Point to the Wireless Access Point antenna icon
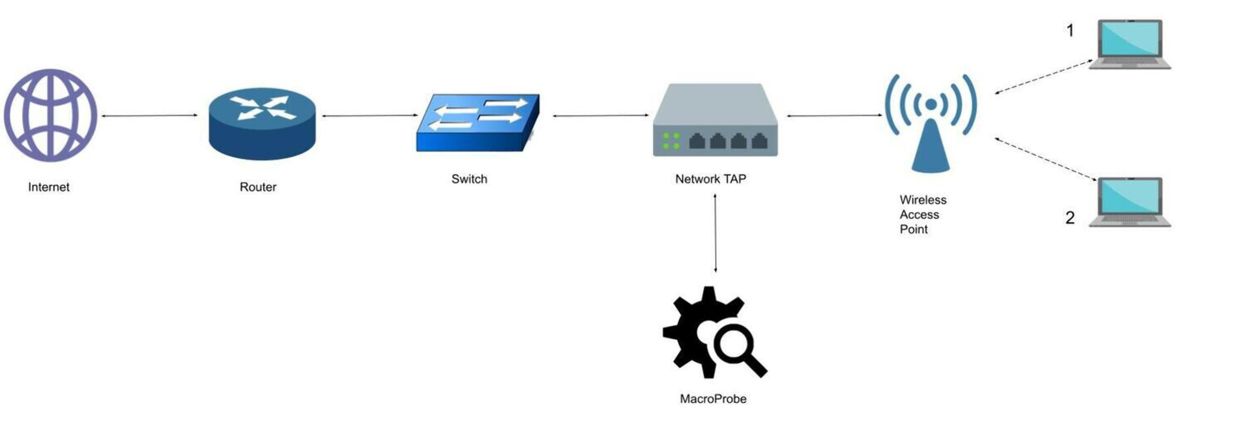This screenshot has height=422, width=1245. coord(930,123)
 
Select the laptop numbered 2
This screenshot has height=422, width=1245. coord(1130,202)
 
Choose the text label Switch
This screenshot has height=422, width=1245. coord(469,179)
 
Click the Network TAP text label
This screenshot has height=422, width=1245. coord(710,179)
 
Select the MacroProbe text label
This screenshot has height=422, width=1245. coord(713,399)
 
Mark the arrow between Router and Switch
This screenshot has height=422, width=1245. coord(370,115)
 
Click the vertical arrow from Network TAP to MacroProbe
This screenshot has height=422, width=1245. coord(715,233)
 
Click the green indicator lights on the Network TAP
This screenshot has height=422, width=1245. coord(671,140)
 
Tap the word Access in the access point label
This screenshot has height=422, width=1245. coord(919,214)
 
